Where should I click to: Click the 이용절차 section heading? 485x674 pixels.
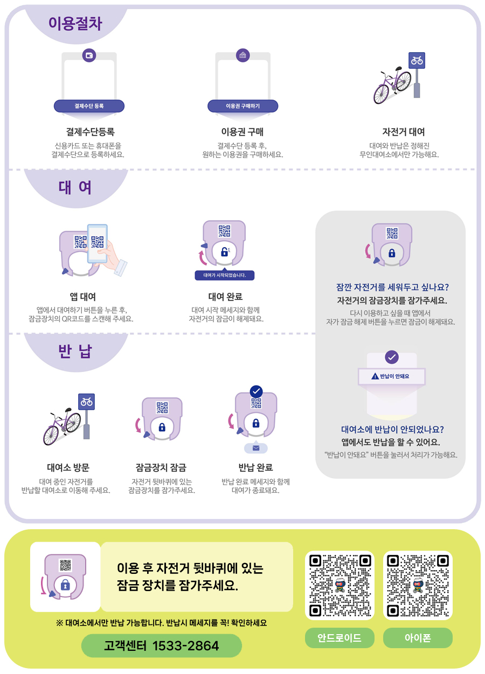pos(75,23)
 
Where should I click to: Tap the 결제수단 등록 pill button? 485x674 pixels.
pos(89,106)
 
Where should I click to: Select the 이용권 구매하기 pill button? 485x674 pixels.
pos(242,106)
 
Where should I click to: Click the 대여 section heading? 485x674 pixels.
pos(75,187)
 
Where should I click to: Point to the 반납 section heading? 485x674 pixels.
pos(75,351)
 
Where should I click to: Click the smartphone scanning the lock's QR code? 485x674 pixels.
pos(98,243)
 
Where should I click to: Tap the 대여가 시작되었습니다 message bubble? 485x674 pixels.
pos(224,275)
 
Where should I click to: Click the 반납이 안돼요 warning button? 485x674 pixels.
pos(392,376)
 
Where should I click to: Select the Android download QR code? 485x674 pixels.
pos(339,585)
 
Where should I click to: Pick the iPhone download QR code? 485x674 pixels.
pos(418,585)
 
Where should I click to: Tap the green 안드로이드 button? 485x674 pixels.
pos(339,638)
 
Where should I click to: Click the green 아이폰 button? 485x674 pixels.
pos(418,638)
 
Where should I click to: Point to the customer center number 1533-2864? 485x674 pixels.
pos(162,645)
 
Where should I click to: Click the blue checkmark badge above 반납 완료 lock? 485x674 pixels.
pos(256,391)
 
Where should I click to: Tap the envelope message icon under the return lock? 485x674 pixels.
pos(255,448)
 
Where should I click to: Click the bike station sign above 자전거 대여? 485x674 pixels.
pos(417,60)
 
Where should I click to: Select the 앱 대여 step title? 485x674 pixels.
pos(83,297)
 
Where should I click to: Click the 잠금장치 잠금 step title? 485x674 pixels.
pos(161,467)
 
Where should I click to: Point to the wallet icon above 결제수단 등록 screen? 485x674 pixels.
pos(89,55)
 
